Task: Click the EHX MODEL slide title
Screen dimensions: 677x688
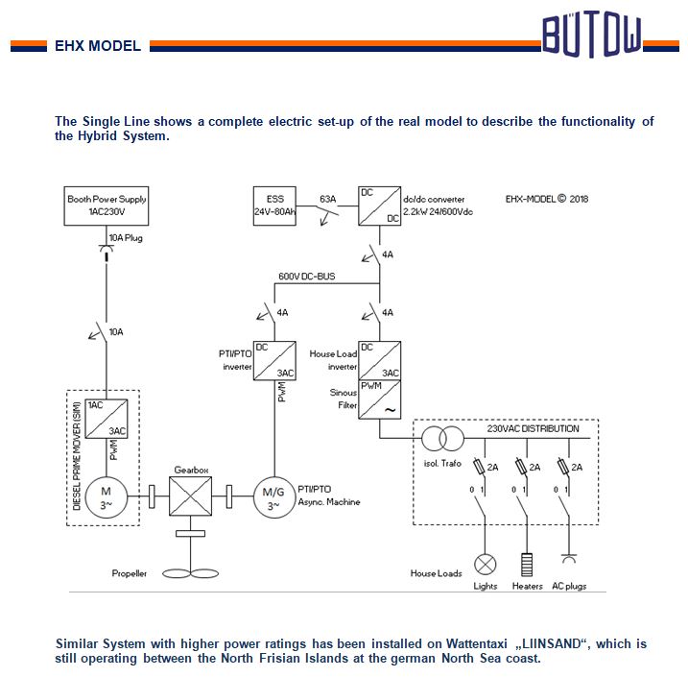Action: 98,45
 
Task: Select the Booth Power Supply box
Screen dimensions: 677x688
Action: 107,205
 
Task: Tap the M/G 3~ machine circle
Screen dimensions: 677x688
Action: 273,497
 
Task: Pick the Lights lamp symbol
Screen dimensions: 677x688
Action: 486,563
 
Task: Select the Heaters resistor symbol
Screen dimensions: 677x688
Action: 527,563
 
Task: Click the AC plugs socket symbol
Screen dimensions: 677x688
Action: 568,559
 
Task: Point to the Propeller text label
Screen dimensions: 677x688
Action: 130,573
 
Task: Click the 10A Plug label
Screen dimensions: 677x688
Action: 126,237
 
